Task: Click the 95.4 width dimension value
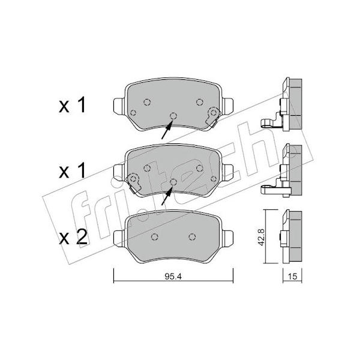pos(173,277)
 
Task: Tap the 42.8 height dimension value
pos(261,237)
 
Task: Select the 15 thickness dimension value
pos(292,276)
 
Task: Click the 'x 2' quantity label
pos(73,237)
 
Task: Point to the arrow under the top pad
pos(167,130)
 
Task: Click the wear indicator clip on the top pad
pos(213,116)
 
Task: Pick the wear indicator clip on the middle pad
pos(134,183)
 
